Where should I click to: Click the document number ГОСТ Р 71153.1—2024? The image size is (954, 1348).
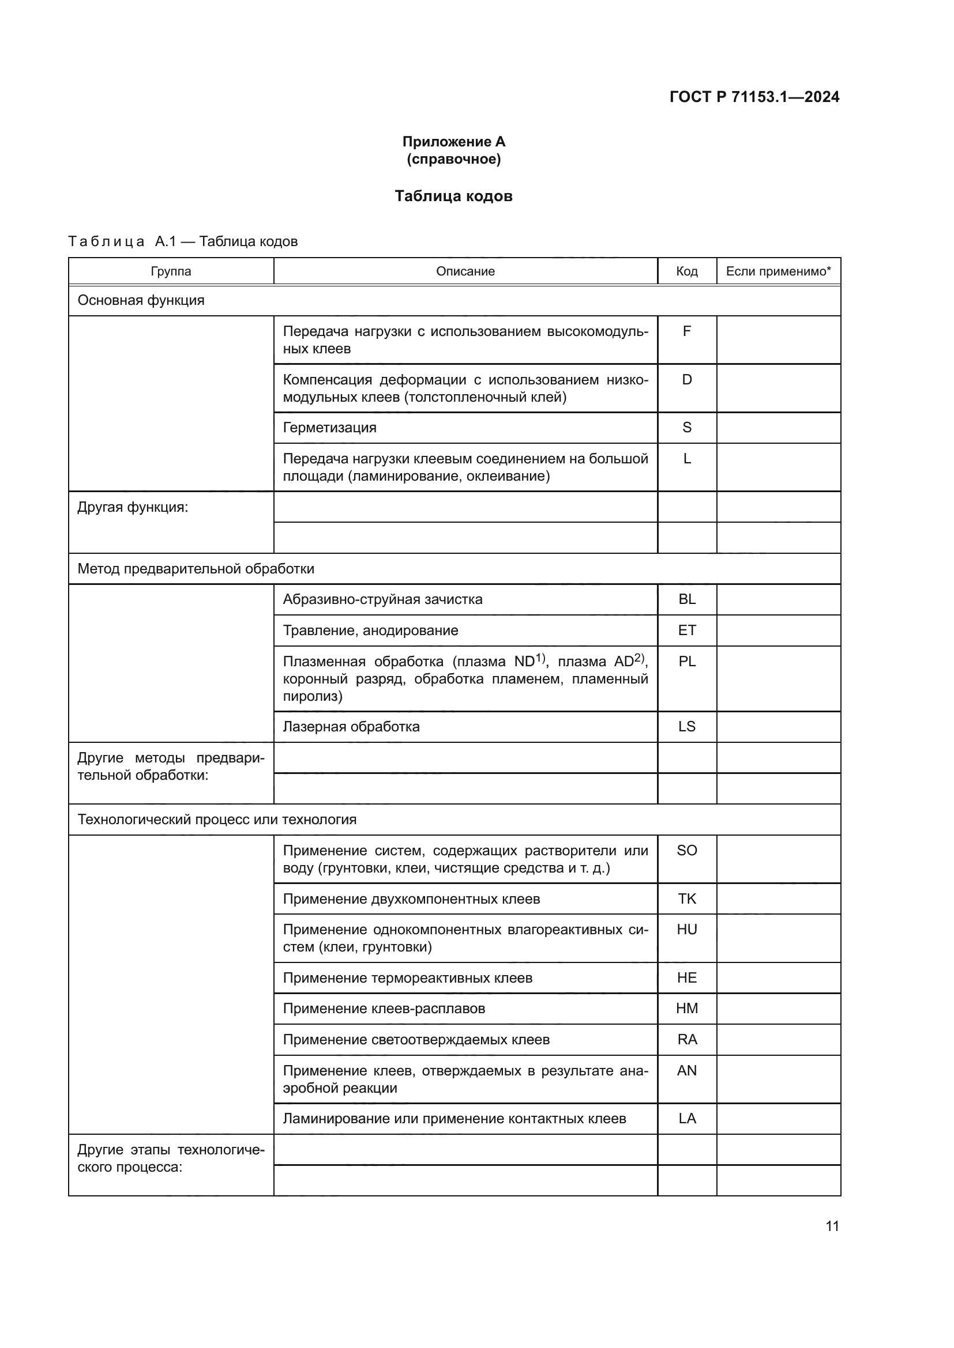754,97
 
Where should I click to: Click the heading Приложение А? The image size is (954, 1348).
453,142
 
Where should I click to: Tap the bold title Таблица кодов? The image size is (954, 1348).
453,196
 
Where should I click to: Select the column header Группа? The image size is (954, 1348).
171,271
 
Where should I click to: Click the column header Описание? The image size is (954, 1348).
465,271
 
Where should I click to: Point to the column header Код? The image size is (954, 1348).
687,271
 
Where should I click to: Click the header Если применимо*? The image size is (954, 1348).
778,271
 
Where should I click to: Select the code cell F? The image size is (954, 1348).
687,332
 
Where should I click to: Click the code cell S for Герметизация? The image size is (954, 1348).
687,428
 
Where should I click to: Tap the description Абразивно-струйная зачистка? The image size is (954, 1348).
382,599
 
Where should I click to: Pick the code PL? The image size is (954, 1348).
687,662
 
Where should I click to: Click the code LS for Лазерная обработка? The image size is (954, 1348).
687,727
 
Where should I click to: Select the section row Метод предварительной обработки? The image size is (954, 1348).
196,569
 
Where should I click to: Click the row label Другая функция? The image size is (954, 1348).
133,507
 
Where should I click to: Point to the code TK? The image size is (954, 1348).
687,899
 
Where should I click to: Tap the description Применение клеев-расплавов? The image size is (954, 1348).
384,1009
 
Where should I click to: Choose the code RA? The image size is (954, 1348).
687,1040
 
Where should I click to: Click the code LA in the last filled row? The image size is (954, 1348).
687,1119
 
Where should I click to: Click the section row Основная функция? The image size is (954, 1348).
141,301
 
